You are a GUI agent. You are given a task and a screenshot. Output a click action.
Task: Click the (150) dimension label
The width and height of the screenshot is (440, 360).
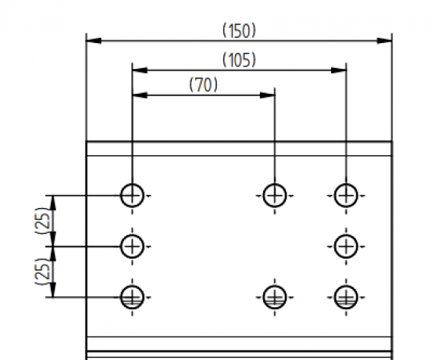pyautogui.click(x=239, y=30)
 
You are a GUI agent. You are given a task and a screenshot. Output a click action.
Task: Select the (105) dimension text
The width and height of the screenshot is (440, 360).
pyautogui.click(x=239, y=60)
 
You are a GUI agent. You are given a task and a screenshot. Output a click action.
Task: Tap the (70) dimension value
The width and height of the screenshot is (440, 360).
pyautogui.click(x=203, y=85)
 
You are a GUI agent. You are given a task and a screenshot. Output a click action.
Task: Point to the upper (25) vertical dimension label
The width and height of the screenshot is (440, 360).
pyautogui.click(x=43, y=220)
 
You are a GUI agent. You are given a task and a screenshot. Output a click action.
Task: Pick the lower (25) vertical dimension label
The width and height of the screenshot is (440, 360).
pyautogui.click(x=43, y=271)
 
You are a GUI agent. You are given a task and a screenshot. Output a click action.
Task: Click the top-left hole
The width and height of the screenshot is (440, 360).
pyautogui.click(x=132, y=195)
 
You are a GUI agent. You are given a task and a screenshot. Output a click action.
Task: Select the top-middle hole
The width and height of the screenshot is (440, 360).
pyautogui.click(x=274, y=195)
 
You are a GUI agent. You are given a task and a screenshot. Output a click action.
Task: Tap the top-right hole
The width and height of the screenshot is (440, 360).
pyautogui.click(x=346, y=195)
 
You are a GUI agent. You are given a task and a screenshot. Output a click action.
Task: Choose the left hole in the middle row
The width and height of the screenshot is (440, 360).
pyautogui.click(x=132, y=245)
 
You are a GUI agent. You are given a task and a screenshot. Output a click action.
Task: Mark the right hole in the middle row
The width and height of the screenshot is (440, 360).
pyautogui.click(x=346, y=245)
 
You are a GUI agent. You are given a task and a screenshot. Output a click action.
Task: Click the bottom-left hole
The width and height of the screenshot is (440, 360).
pyautogui.click(x=132, y=296)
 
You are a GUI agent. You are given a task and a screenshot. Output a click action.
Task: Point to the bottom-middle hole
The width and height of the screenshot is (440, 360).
pyautogui.click(x=274, y=296)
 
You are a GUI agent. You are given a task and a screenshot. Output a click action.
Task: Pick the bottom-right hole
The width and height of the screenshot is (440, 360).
pyautogui.click(x=346, y=296)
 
